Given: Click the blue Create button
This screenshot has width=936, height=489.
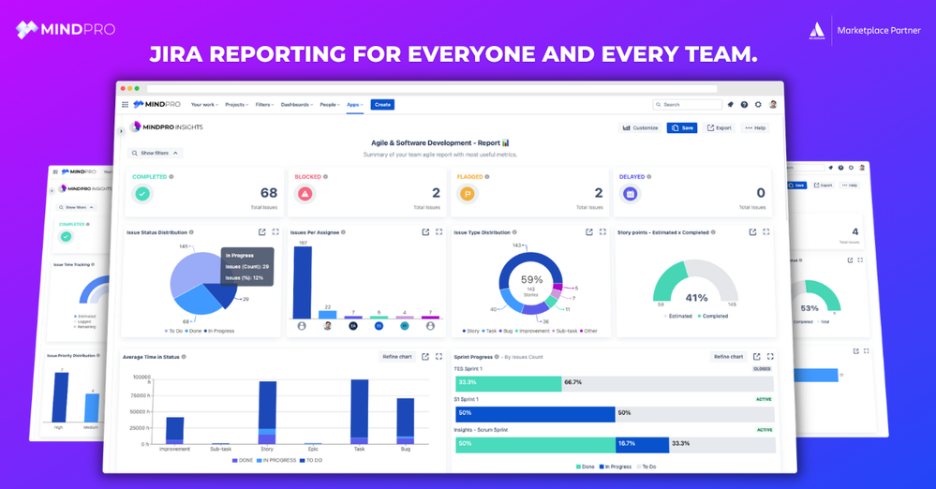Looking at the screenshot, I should (x=382, y=105).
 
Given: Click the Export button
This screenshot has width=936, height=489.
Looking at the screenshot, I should (x=720, y=127).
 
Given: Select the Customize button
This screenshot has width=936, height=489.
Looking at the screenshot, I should (x=641, y=127).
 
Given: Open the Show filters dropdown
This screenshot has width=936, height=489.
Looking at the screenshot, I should (x=156, y=153).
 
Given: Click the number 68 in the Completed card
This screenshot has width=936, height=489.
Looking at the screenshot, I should (x=269, y=193).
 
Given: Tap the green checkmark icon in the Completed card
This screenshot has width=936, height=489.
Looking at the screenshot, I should (x=141, y=194).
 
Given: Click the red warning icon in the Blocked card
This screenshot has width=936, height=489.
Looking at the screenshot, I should (x=305, y=194).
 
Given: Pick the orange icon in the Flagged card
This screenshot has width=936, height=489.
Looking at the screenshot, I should (x=468, y=194).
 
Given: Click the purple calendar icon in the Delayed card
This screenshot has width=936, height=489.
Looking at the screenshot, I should (x=631, y=194).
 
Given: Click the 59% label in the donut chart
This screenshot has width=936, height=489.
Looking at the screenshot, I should (x=532, y=279).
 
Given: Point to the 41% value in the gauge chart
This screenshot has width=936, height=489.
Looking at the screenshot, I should (x=696, y=298).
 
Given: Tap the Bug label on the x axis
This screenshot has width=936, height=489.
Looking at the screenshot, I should (x=405, y=449).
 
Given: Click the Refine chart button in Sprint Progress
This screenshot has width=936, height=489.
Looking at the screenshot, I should (x=728, y=357).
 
